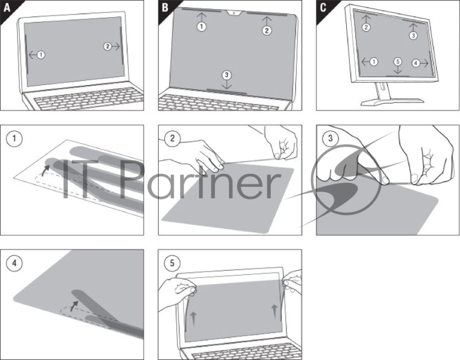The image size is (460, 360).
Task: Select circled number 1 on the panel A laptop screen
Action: (x=41, y=55)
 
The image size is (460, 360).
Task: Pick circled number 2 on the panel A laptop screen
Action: (x=108, y=47)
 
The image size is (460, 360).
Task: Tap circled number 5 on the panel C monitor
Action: (x=397, y=62)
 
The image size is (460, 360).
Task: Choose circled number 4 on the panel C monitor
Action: (x=416, y=62)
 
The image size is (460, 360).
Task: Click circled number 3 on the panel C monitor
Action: (x=413, y=35)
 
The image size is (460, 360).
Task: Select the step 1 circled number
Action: (x=13, y=138)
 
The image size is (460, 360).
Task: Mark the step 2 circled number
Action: (x=171, y=138)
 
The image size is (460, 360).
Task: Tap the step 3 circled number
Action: (x=329, y=138)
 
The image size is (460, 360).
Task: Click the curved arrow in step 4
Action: (x=74, y=304)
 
